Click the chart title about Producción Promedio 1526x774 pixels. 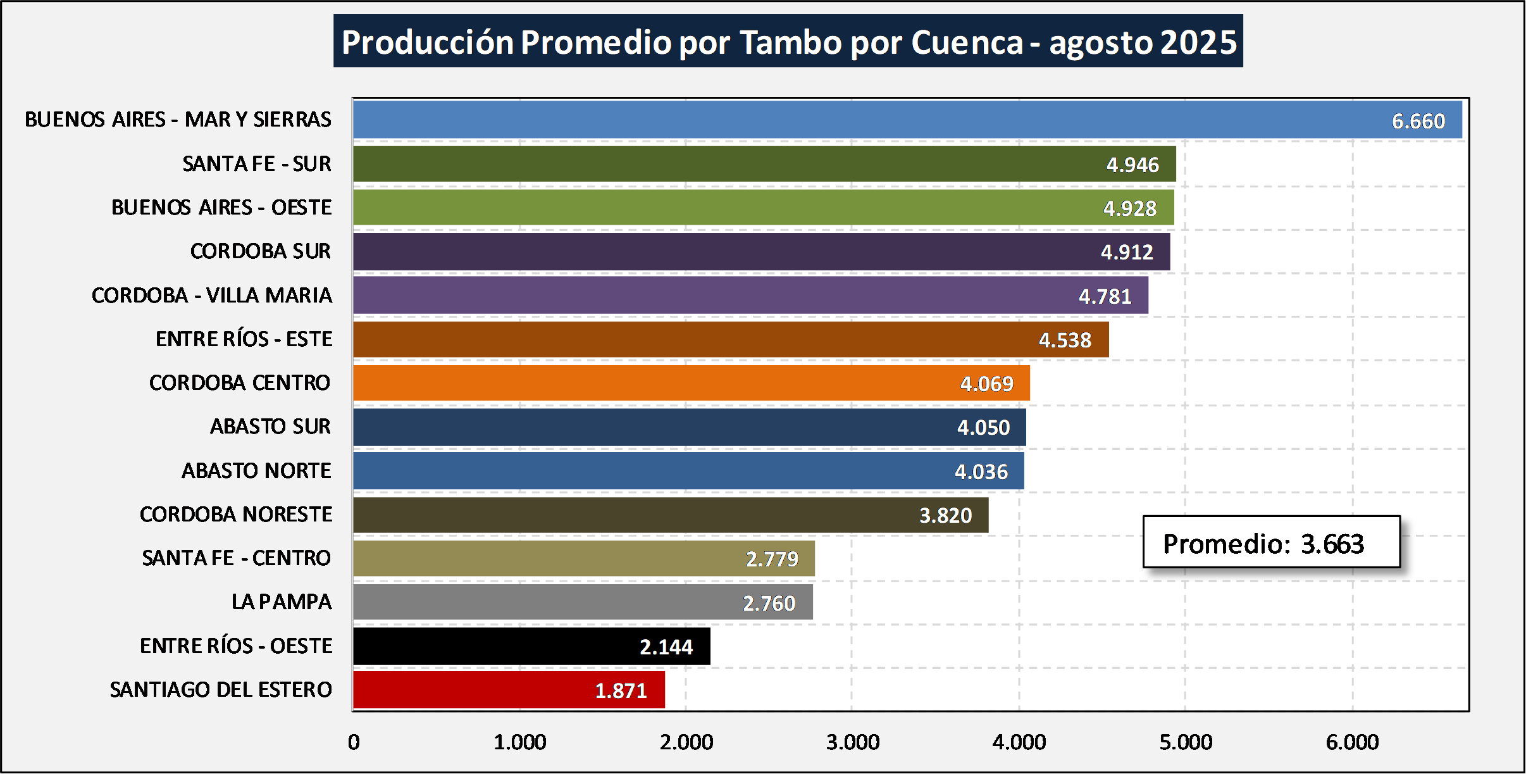click(788, 42)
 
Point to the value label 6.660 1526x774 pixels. click(1418, 121)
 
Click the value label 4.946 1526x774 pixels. click(1132, 165)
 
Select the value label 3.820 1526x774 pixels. click(945, 515)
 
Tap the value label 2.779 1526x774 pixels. click(772, 559)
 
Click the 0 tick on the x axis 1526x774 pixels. click(354, 742)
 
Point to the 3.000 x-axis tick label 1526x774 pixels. click(852, 742)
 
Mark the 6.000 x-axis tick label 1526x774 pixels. click(1352, 742)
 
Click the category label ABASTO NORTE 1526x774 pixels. click(256, 470)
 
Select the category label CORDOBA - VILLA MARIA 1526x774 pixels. click(211, 295)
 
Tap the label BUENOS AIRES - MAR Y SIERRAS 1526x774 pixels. click(178, 119)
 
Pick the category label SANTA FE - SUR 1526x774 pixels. click(256, 163)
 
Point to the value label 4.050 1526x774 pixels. click(983, 427)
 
